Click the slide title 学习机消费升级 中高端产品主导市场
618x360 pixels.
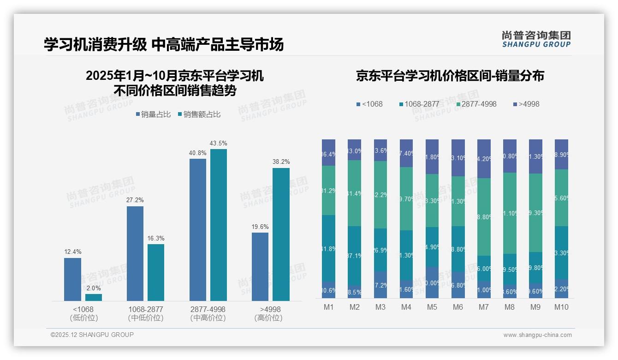point(163,44)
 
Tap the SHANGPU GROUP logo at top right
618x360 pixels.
point(536,39)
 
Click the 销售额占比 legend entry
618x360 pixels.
point(199,114)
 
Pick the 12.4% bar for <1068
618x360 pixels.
point(72,279)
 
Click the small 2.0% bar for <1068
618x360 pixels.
point(94,297)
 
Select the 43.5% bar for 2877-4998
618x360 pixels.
point(219,225)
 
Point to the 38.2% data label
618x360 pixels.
point(281,162)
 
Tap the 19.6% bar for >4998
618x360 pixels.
point(260,266)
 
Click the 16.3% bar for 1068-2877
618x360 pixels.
point(156,272)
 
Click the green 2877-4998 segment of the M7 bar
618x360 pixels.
point(484,217)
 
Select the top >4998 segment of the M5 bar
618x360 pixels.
point(432,156)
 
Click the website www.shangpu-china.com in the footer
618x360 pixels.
point(537,335)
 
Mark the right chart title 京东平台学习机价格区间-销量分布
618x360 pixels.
point(450,76)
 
